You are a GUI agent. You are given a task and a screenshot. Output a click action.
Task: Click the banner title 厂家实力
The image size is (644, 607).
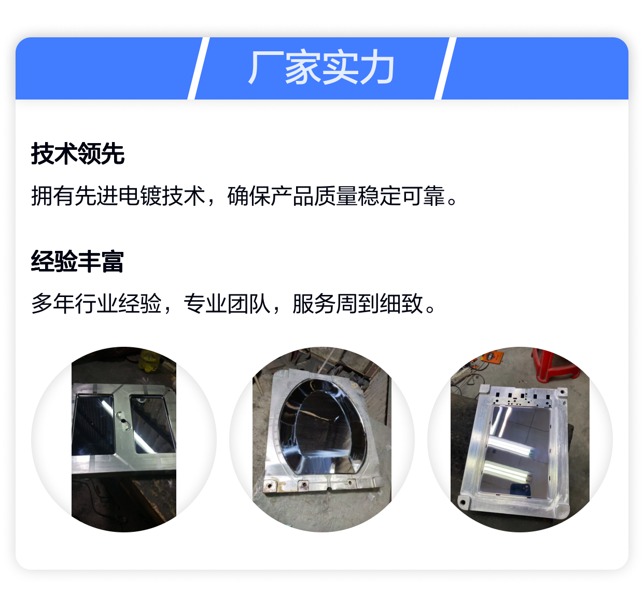(321, 67)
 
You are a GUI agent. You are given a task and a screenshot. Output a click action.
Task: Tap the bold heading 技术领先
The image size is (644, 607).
(78, 154)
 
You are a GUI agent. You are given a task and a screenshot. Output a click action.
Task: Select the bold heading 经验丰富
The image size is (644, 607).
(77, 261)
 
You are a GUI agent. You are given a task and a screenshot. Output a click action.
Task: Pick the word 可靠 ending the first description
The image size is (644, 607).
(423, 196)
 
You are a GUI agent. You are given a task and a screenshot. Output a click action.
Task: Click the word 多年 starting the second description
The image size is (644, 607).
(53, 303)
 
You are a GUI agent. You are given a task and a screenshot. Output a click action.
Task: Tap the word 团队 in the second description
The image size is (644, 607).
(249, 303)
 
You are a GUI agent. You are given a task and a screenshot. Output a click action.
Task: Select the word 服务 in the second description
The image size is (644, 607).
(314, 303)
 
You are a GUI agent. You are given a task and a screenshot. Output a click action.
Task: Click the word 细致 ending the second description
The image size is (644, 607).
(401, 303)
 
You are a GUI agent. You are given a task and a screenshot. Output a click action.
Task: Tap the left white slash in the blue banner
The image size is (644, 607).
(199, 68)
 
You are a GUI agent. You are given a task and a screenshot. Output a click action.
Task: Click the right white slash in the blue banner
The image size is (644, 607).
(445, 68)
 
